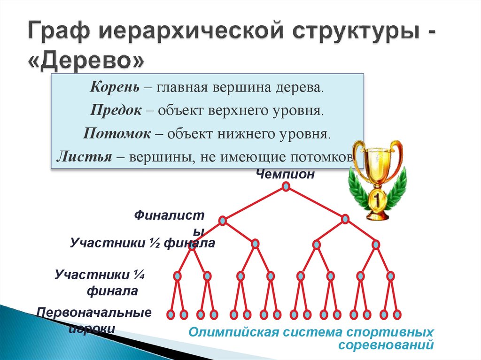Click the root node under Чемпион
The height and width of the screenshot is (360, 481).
pos(286,187)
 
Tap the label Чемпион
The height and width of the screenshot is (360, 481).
pos(285,174)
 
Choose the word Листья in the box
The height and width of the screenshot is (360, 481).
pos(84,157)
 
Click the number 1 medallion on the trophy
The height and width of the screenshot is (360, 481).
pos(378,200)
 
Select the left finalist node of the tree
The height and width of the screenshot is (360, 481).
pos(223,219)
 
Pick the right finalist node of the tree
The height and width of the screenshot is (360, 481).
pos(345,219)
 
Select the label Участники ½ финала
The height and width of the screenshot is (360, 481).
pos(142,243)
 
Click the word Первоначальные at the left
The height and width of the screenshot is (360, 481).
pos(94,313)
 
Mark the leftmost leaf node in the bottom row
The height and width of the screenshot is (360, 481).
pos(171,314)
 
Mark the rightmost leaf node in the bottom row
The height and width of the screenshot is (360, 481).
pos(397,314)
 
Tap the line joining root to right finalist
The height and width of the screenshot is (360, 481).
pos(316,203)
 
